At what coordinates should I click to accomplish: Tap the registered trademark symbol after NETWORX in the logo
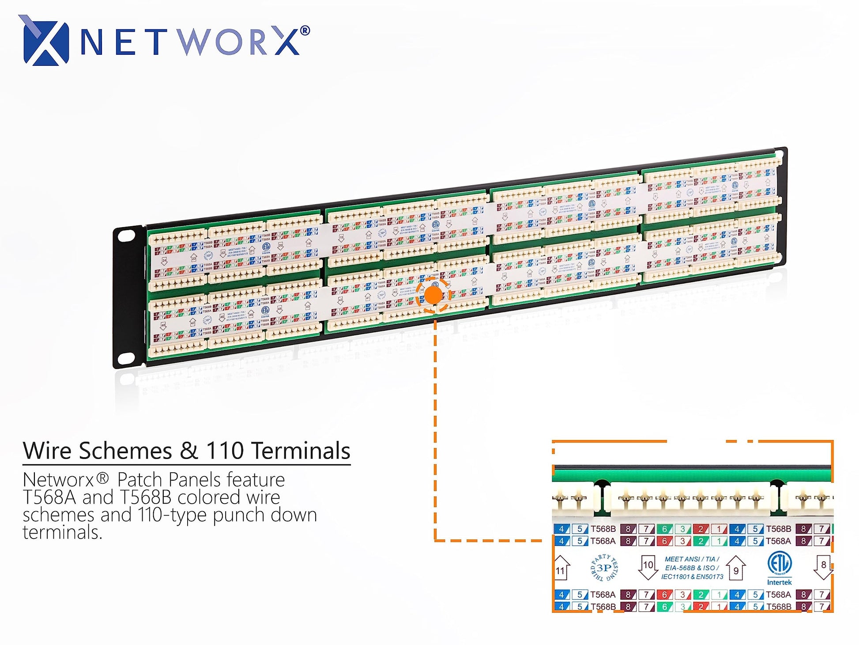(305, 31)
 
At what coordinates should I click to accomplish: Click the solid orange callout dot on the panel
(433, 295)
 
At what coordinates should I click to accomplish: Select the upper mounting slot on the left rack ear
(126, 235)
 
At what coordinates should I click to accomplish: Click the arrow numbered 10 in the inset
(648, 567)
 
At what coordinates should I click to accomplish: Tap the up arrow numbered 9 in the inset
(736, 568)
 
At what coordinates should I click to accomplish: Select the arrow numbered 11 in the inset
(561, 568)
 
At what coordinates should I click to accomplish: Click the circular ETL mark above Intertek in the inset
(779, 563)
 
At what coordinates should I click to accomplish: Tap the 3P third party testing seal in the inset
(604, 568)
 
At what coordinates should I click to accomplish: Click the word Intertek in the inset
(779, 582)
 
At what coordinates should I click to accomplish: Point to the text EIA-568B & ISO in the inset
(692, 568)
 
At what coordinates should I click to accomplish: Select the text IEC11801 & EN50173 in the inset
(692, 577)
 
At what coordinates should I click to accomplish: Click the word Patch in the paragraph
(140, 480)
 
